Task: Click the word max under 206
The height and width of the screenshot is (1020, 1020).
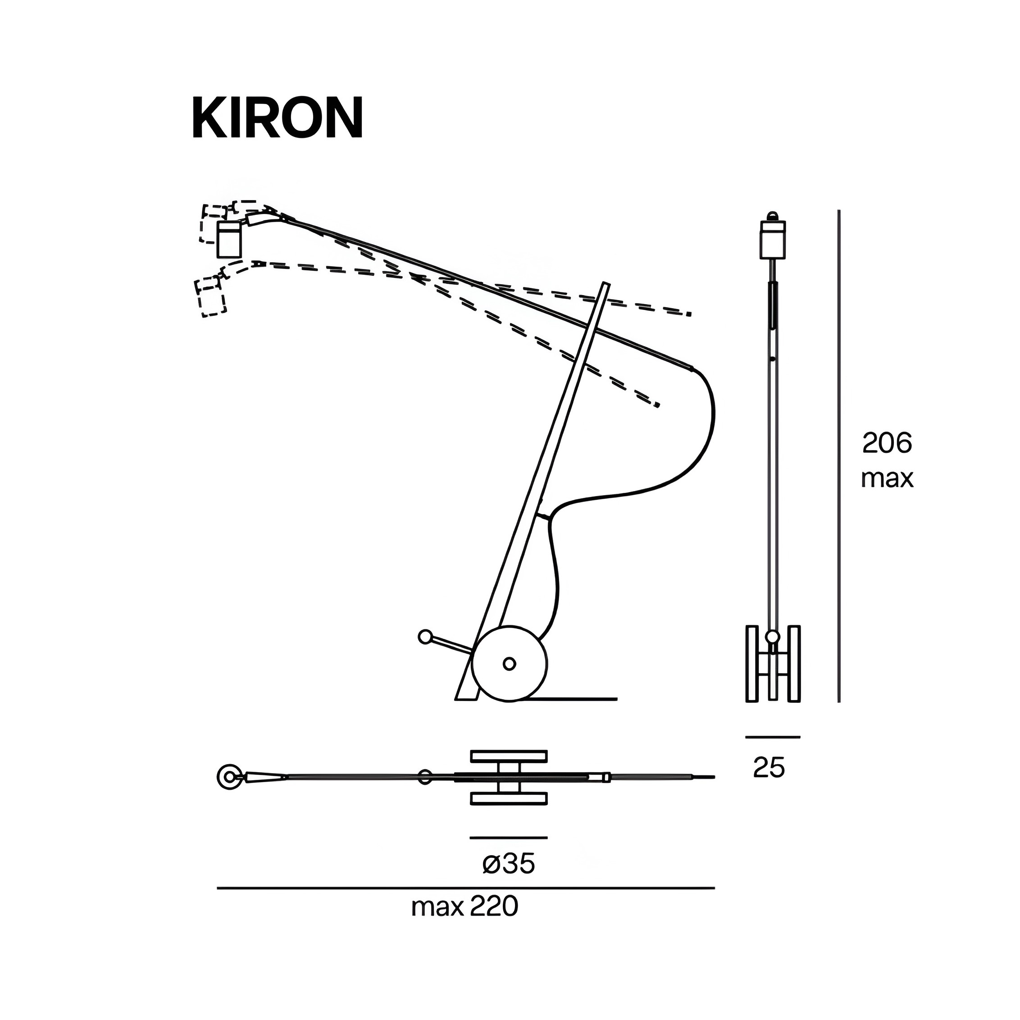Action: click(887, 478)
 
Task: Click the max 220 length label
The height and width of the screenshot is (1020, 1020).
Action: click(464, 922)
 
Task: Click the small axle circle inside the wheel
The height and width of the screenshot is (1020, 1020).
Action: click(510, 664)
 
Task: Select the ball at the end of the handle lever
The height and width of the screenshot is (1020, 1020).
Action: click(424, 637)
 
